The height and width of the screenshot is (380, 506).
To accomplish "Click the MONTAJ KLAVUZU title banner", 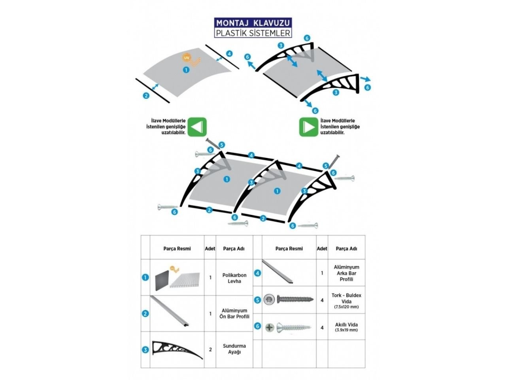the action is [x=253, y=23].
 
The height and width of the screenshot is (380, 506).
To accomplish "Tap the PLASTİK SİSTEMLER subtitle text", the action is [x=253, y=33].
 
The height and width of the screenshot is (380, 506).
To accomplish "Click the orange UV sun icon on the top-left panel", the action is [x=186, y=57].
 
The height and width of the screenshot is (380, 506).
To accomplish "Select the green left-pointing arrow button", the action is [x=197, y=127].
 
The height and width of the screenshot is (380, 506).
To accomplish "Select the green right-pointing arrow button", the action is [x=308, y=127].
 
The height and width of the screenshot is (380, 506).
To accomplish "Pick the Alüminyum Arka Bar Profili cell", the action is [x=346, y=273].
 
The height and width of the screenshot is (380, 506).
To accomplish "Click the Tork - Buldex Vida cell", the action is [x=346, y=300].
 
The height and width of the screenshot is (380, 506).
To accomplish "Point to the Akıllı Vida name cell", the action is [x=346, y=327].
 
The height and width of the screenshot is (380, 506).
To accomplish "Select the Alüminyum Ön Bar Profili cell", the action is [x=234, y=313].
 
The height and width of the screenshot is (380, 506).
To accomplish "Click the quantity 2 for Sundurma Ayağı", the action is [x=210, y=350].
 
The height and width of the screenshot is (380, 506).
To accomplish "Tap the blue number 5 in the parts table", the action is [x=257, y=300].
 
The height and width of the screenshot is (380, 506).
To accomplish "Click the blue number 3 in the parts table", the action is [x=145, y=350].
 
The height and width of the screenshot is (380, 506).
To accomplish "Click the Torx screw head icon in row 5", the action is [x=269, y=300].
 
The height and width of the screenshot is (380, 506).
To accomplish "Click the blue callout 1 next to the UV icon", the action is [x=186, y=70].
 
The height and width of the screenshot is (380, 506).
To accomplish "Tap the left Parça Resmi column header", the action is [x=177, y=249].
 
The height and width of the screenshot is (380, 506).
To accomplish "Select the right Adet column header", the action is [x=322, y=249].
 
